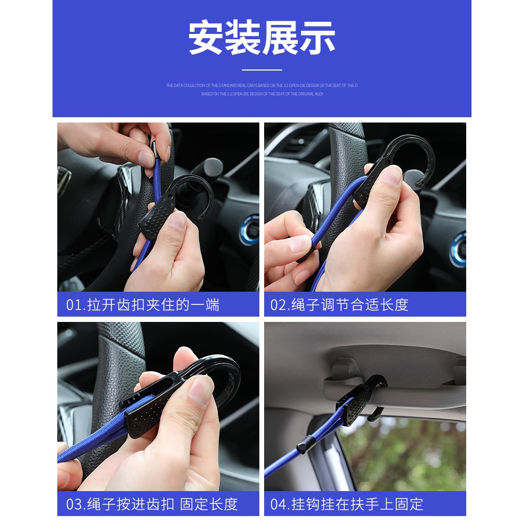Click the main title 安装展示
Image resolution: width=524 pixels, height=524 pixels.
tap(261, 38)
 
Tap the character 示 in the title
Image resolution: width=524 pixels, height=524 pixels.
tap(317, 38)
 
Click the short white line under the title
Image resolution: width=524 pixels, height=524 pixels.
tap(261, 69)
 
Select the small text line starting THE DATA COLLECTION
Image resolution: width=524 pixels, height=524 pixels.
tap(261, 85)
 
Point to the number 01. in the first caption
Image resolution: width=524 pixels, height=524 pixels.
tap(75, 305)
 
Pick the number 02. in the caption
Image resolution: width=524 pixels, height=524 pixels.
tap(280, 305)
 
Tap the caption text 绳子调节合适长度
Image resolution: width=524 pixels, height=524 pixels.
tap(350, 305)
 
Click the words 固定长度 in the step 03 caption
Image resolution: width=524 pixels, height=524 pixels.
tap(208, 504)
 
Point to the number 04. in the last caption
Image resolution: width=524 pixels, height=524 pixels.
tap(280, 504)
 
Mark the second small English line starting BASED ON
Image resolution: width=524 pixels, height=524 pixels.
tap(261, 94)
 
